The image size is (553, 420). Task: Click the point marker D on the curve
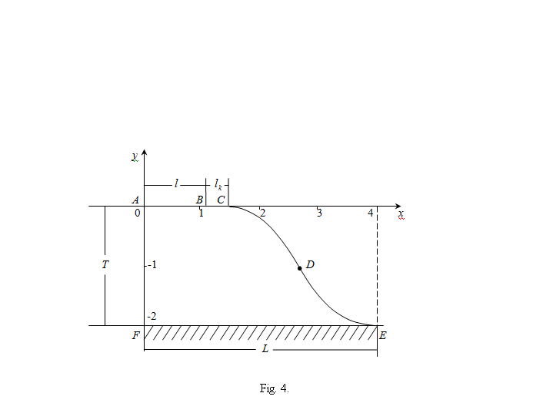click(300, 268)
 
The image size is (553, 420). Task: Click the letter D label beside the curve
click(310, 264)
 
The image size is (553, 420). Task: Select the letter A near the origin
click(135, 200)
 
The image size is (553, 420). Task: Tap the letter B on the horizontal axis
click(199, 200)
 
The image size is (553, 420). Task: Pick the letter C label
click(221, 200)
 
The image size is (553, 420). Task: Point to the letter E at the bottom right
click(383, 335)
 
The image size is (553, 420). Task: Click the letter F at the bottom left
click(136, 335)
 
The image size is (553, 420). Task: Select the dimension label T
click(105, 264)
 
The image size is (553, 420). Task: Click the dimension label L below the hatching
click(265, 349)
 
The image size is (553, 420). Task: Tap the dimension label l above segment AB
click(176, 183)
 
